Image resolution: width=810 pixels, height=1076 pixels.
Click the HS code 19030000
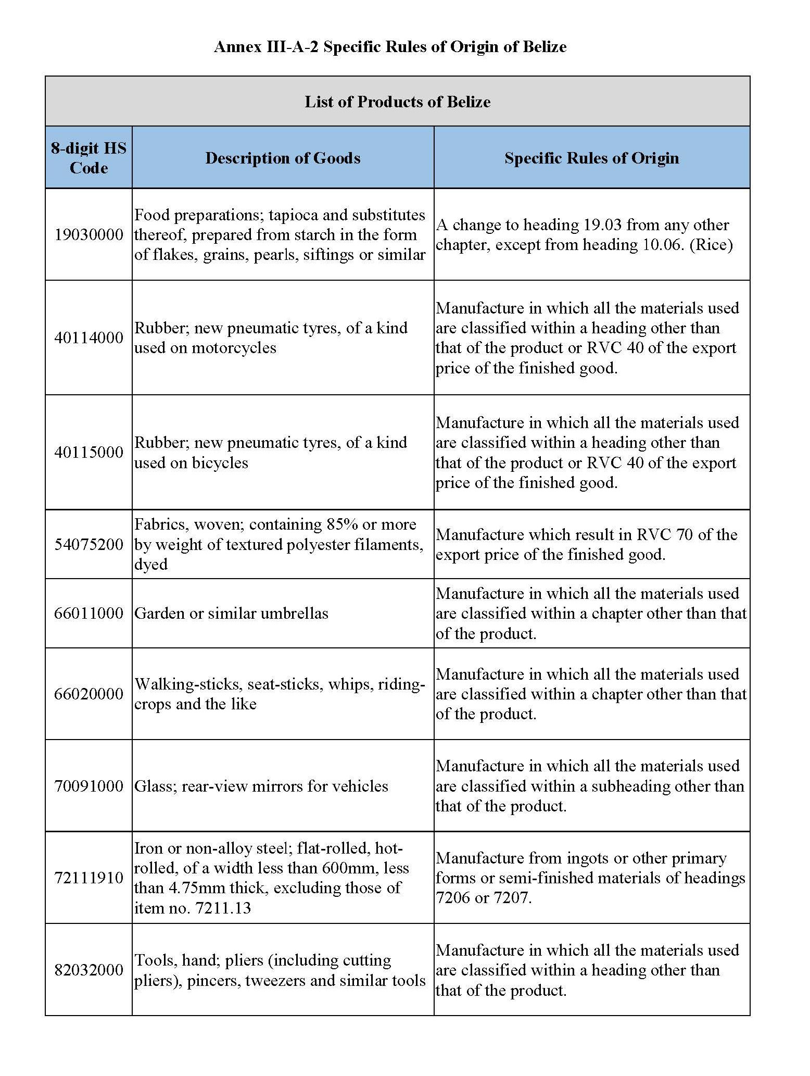(x=88, y=234)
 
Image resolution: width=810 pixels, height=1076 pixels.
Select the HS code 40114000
(x=88, y=337)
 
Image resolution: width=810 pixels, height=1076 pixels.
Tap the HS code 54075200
(x=88, y=544)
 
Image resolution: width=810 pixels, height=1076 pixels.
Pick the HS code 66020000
(x=88, y=694)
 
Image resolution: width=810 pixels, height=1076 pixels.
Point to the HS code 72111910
(x=88, y=878)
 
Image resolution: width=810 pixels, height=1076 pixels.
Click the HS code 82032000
(x=88, y=970)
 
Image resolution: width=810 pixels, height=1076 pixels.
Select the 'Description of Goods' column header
(x=283, y=158)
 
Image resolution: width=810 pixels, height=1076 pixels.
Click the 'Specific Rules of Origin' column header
(x=591, y=158)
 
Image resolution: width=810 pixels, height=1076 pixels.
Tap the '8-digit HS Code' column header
(x=88, y=158)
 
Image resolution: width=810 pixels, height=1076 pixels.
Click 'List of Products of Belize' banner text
(x=397, y=101)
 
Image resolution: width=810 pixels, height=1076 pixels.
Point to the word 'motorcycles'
(x=234, y=348)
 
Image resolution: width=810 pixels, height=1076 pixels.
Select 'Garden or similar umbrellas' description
(x=231, y=613)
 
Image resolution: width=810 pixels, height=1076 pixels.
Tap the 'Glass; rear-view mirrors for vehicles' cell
(x=261, y=786)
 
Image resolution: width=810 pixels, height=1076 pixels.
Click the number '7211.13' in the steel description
(x=223, y=908)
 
